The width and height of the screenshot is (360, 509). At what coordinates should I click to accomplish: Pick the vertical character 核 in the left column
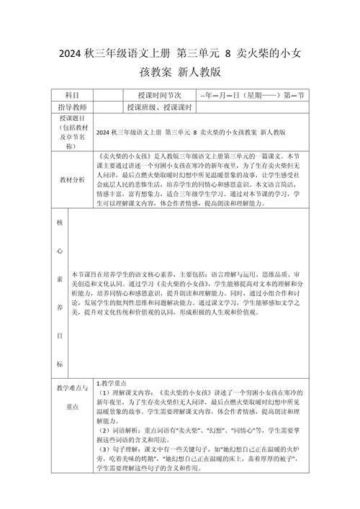point(60,223)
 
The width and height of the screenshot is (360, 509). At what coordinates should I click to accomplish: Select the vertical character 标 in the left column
point(60,364)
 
